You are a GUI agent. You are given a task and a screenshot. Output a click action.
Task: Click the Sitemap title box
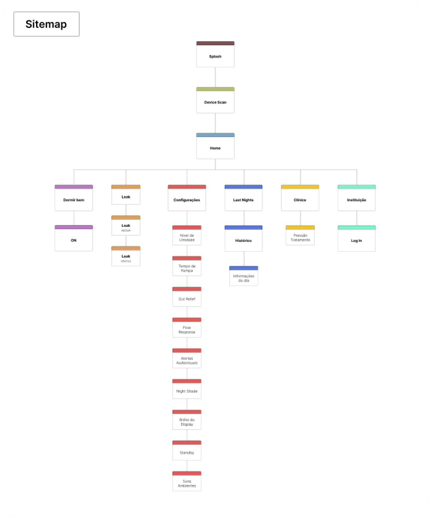point(46,24)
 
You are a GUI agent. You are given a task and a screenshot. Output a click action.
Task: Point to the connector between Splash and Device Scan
point(215,77)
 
